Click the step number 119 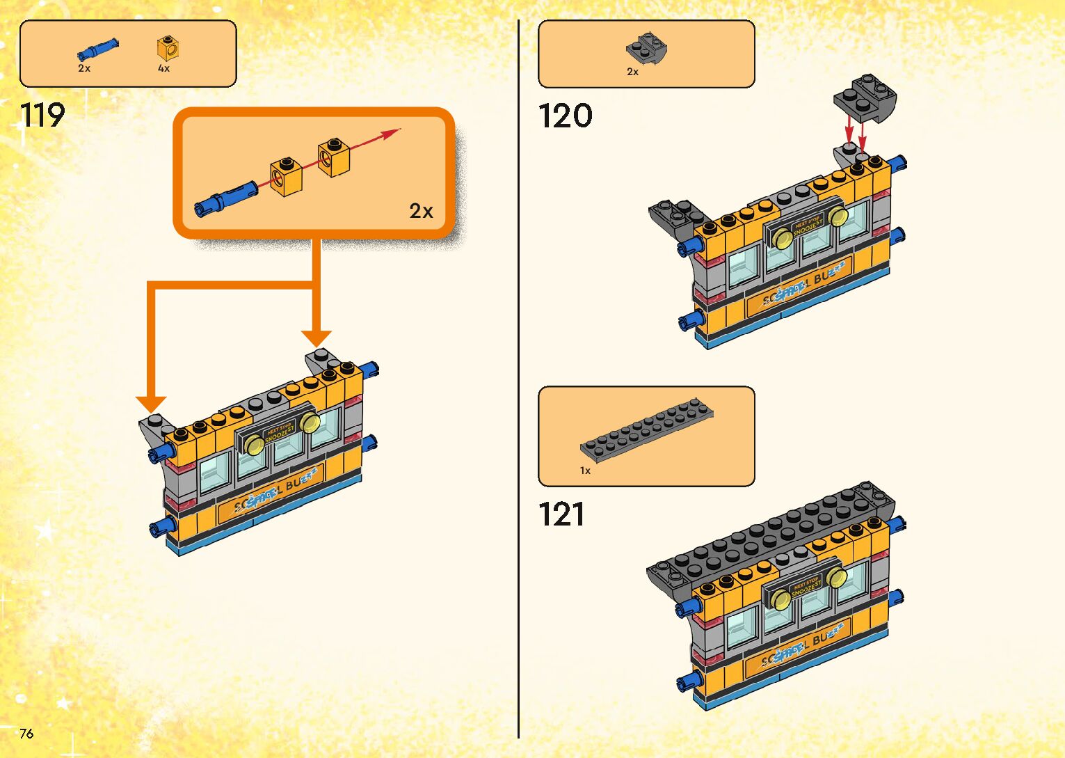tap(42, 116)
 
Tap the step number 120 tap(565, 116)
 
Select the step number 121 tap(561, 515)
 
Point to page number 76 tap(26, 733)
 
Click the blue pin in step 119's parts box tap(97, 50)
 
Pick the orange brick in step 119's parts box tap(168, 47)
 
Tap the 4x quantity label tap(163, 68)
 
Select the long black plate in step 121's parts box tap(647, 430)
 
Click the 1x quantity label tap(585, 471)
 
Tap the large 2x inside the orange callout tap(421, 211)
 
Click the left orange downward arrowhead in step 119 tap(151, 403)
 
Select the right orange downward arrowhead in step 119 tap(317, 338)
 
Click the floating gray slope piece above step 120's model tap(865, 97)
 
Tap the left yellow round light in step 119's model tap(254, 443)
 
